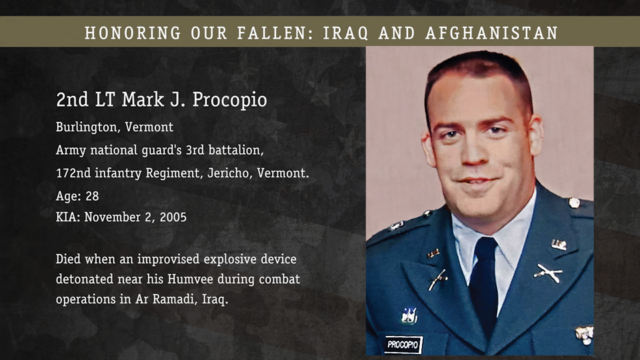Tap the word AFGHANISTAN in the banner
point(491,33)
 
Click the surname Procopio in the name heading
point(229,100)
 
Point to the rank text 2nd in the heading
point(72,99)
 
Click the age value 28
point(92,196)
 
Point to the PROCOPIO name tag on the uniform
point(403,345)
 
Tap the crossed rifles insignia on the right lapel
point(547,273)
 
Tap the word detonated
point(85,279)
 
